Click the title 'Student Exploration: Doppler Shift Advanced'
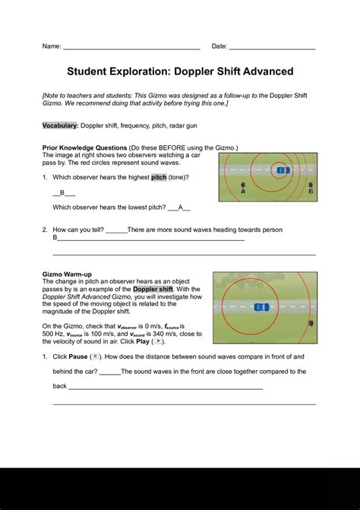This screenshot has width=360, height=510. [x=180, y=71]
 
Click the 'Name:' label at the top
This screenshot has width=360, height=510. [x=52, y=46]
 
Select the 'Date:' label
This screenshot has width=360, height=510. [x=219, y=46]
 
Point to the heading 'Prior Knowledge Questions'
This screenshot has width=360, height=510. [x=84, y=147]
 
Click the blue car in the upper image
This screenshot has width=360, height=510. [x=281, y=172]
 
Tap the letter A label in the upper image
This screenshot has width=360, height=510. [x=243, y=192]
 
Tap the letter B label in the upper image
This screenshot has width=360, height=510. [x=311, y=192]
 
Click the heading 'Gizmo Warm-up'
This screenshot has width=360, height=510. [x=67, y=274]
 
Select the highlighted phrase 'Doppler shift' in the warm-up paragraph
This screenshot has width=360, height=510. [x=153, y=289]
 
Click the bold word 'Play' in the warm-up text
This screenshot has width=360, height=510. [x=141, y=341]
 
